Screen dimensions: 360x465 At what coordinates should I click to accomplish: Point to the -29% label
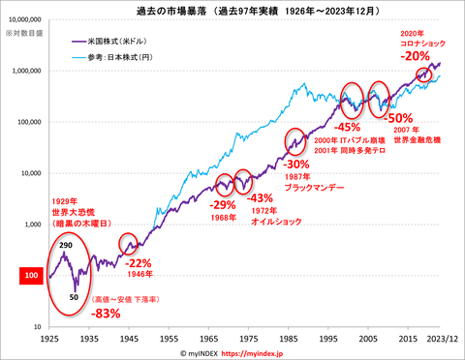[224, 205]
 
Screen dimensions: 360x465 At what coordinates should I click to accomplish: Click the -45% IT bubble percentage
[346, 126]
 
